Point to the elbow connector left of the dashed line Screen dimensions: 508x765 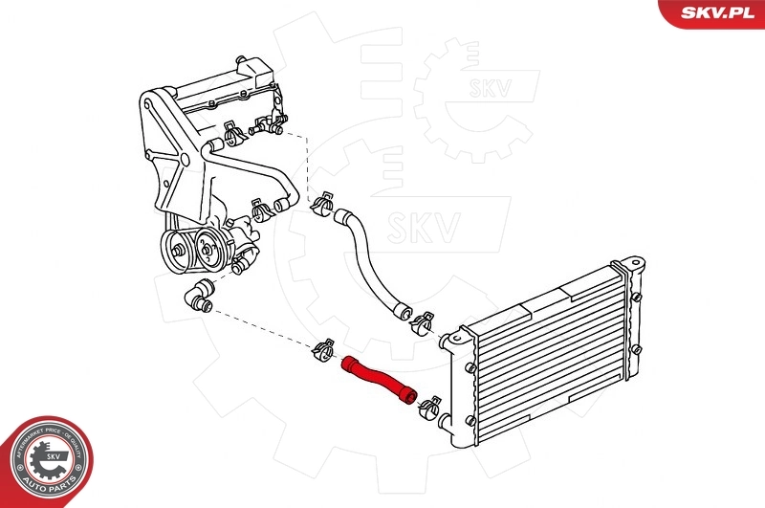pos(198,296)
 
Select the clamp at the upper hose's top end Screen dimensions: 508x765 pos(321,202)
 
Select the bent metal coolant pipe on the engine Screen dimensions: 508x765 pos(258,172)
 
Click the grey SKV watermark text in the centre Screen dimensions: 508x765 pos(422,226)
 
